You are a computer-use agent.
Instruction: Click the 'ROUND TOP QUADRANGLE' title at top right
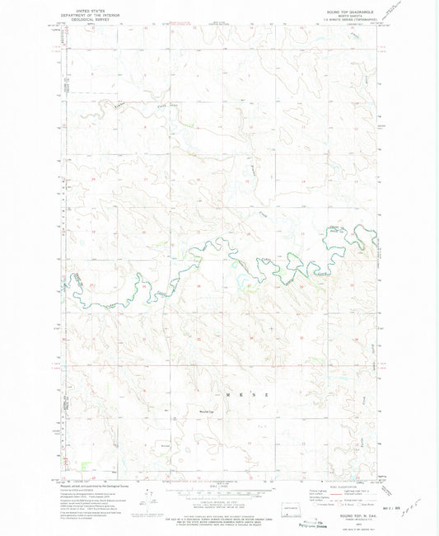coord(348,12)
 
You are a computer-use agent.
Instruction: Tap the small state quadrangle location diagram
coord(291,483)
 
